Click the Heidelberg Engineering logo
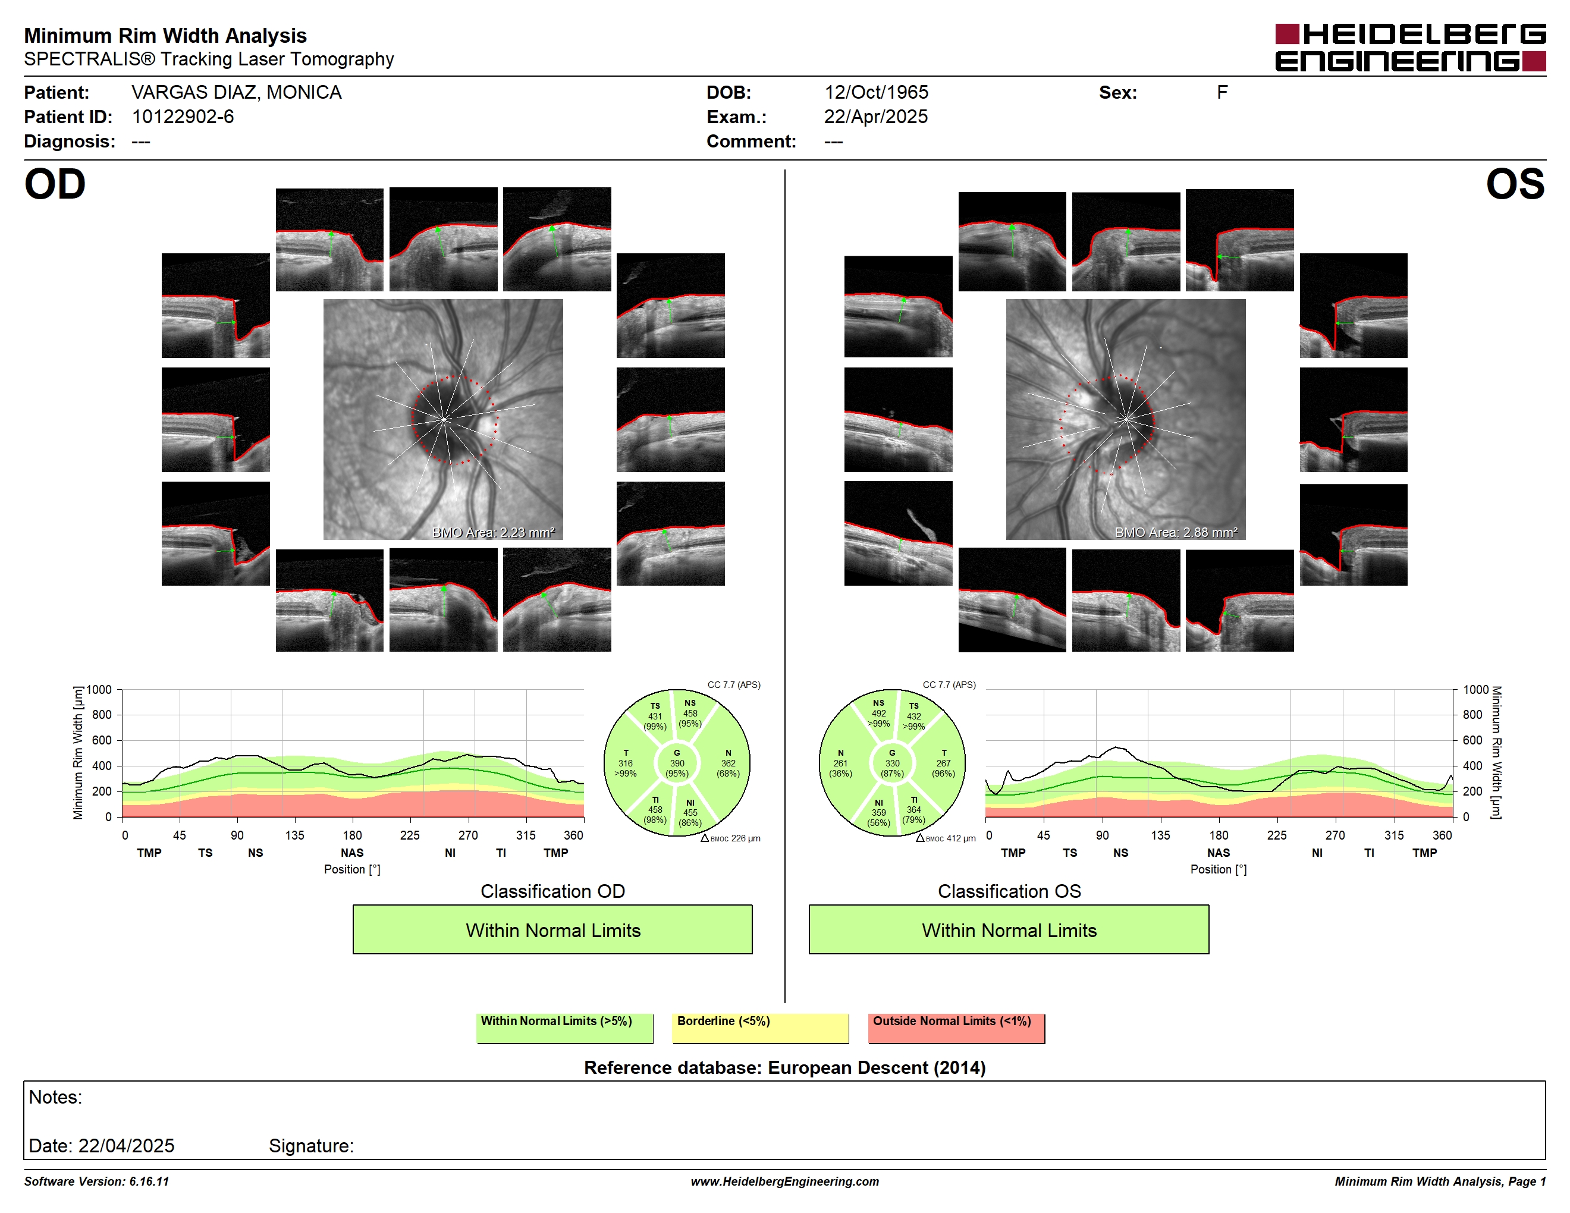point(1411,48)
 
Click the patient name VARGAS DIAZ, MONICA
point(237,93)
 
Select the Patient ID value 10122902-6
point(183,117)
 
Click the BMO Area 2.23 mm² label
point(493,533)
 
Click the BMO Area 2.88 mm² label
point(1176,533)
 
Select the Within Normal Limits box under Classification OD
point(552,929)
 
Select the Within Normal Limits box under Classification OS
point(1009,929)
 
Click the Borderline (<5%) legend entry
point(760,1027)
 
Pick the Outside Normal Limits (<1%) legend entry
point(956,1027)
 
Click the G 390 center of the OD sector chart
point(676,763)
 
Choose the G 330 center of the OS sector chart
point(892,763)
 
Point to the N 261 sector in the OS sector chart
point(840,763)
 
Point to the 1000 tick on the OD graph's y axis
point(99,690)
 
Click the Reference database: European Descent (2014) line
point(784,1068)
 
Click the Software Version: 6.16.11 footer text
point(96,1181)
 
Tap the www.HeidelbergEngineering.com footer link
point(784,1181)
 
